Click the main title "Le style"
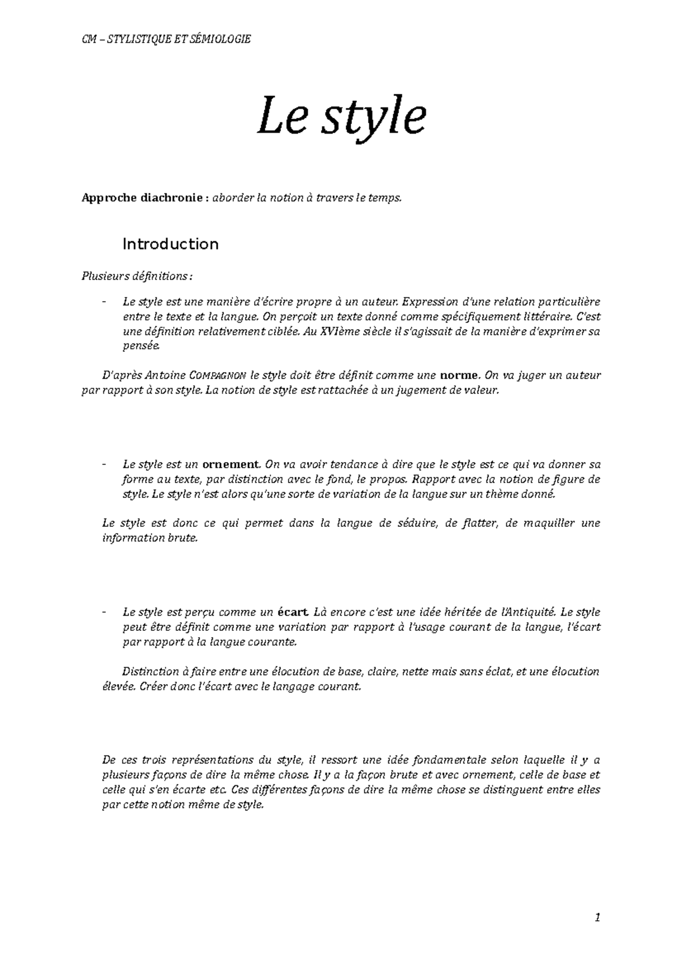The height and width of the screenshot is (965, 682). coord(341,117)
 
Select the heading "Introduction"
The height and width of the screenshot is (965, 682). coord(170,244)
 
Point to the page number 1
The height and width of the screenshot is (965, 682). coord(597,917)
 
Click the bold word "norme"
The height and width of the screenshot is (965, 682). coord(460,376)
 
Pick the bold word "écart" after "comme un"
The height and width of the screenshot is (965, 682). coord(293,613)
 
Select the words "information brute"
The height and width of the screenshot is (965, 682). coord(149,538)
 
